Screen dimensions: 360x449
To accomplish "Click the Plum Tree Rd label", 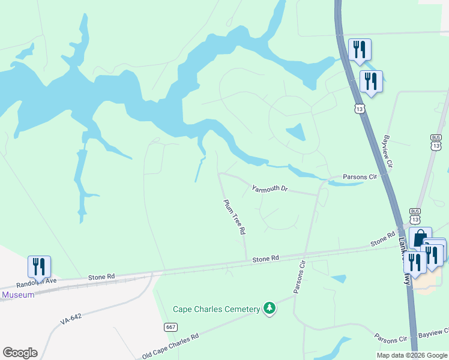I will (x=235, y=217).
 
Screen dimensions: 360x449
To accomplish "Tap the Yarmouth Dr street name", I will (x=270, y=188).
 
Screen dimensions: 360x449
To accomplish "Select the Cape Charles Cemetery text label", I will (x=216, y=309).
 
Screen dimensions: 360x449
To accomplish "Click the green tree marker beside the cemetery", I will (x=270, y=308).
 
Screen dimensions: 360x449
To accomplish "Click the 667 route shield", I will (x=170, y=327).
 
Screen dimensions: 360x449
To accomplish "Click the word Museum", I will (x=19, y=295).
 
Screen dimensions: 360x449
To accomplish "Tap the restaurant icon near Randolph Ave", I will (x=39, y=267).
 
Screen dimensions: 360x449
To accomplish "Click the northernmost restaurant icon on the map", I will (x=360, y=50).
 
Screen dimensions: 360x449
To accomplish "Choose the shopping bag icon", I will (x=420, y=238).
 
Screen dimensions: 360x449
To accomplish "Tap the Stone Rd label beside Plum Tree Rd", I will (x=266, y=259).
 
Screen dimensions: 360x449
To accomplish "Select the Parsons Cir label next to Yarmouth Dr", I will (x=359, y=177).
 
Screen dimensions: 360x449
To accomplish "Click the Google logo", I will (x=20, y=353).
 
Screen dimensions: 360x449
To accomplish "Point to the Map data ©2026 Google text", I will (x=412, y=355).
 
